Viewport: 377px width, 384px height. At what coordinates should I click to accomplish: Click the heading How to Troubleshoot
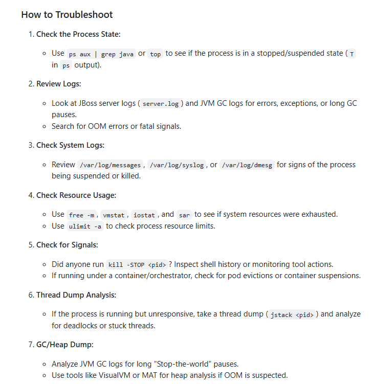click(67, 15)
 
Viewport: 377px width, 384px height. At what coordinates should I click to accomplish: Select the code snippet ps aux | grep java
click(101, 54)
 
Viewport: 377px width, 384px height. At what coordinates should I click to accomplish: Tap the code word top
click(155, 54)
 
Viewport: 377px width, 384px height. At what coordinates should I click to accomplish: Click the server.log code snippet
click(160, 104)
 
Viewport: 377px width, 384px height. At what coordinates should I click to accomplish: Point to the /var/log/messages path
click(110, 165)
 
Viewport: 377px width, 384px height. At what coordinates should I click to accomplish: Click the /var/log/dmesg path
click(247, 165)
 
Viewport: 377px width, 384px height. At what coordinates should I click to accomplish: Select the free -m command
click(81, 215)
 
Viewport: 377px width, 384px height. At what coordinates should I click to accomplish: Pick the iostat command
click(144, 215)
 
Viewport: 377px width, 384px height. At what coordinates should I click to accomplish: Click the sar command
click(184, 215)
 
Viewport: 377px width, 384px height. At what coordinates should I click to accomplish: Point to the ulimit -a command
click(85, 226)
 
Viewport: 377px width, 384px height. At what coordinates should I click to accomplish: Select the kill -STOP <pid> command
click(137, 264)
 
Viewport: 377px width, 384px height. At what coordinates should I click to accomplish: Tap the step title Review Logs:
click(58, 83)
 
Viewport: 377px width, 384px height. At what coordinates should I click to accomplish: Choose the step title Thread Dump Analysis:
click(76, 295)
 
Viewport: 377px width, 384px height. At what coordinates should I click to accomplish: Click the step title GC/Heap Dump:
click(64, 344)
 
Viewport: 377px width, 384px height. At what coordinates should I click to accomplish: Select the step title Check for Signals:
click(67, 244)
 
